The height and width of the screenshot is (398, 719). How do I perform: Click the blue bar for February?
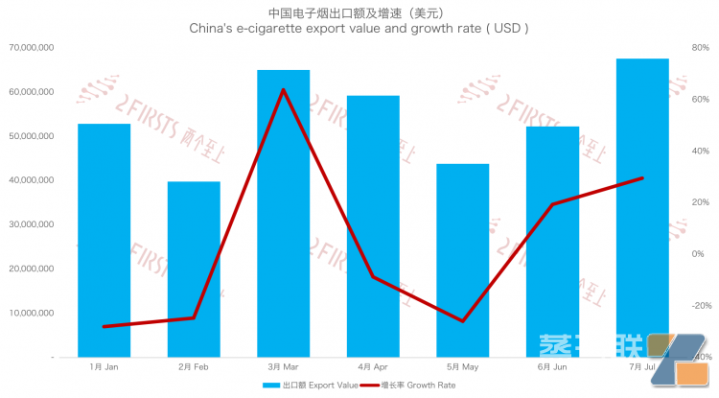click(x=194, y=269)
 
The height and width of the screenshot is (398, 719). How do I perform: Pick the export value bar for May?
click(x=462, y=260)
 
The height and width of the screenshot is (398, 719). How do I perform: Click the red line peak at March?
click(x=283, y=90)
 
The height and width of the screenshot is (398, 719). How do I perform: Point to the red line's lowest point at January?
click(x=104, y=326)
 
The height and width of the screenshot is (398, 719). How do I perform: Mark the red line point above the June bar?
click(x=552, y=204)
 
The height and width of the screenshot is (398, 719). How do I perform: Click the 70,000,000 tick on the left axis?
click(x=28, y=47)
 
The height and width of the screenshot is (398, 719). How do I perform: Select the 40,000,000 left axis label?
click(x=28, y=180)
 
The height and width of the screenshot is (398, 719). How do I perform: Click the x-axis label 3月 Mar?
click(x=283, y=367)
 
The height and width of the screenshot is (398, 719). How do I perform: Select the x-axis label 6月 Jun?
click(x=552, y=367)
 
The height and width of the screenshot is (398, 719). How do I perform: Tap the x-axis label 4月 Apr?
click(x=373, y=367)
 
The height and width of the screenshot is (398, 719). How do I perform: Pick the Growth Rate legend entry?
click(x=418, y=385)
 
